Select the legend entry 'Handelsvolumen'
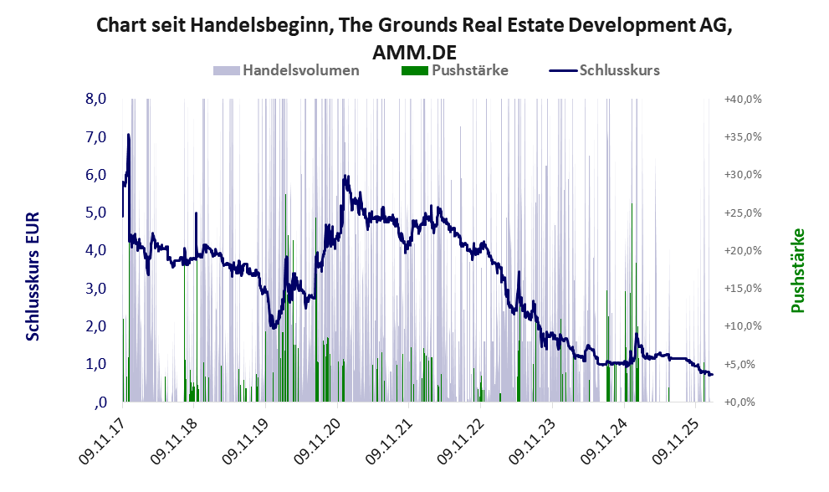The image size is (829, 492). pyautogui.click(x=301, y=70)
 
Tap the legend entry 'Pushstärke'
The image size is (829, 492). pyautogui.click(x=470, y=70)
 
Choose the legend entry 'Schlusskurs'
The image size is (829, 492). pyautogui.click(x=620, y=70)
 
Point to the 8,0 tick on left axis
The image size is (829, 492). pyautogui.click(x=95, y=99)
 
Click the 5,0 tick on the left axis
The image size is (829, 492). pyautogui.click(x=95, y=213)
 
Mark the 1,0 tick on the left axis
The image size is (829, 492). pyautogui.click(x=95, y=364)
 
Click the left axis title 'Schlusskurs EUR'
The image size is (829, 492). pyautogui.click(x=33, y=275)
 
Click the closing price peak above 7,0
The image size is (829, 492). pyautogui.click(x=128, y=134)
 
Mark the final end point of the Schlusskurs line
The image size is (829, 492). pyautogui.click(x=712, y=374)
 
